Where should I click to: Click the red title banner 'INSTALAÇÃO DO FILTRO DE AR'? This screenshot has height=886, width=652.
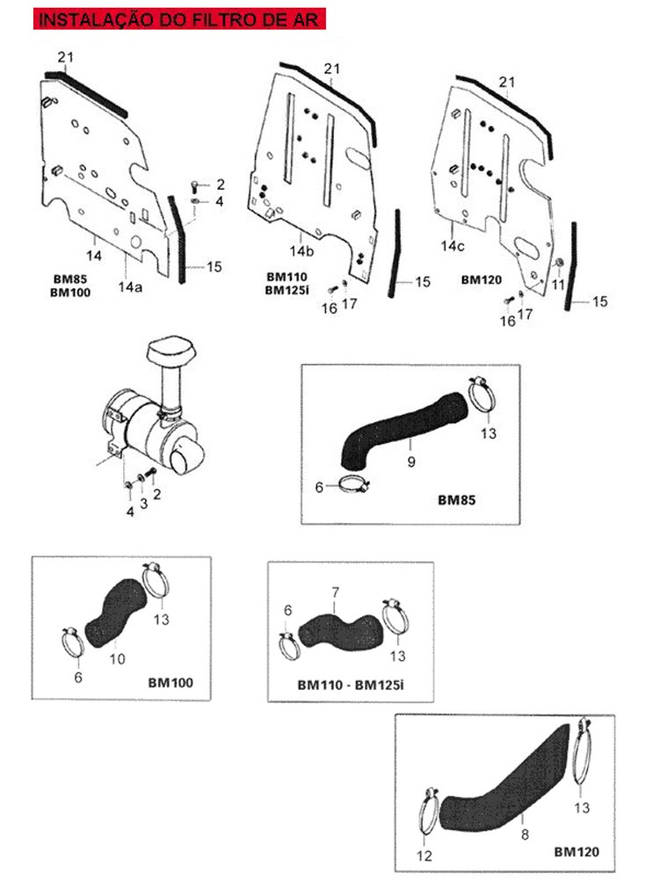tap(179, 18)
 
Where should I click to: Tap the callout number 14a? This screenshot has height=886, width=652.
tap(130, 287)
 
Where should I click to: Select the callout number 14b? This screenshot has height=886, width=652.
tap(301, 251)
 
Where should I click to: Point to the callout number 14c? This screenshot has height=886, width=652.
tap(453, 246)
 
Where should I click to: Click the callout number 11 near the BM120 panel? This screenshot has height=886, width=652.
tap(558, 284)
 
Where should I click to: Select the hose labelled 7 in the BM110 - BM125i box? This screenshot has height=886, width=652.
tap(341, 631)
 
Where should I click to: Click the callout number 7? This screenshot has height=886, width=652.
tap(336, 592)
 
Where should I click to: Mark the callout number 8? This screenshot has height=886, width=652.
tap(525, 834)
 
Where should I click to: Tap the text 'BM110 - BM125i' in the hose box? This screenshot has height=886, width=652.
tap(351, 685)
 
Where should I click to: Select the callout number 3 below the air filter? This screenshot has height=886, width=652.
tap(144, 503)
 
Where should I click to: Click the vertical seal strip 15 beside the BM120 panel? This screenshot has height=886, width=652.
tap(571, 265)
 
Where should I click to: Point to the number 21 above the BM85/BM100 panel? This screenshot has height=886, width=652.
tap(66, 57)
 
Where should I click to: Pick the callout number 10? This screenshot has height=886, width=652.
tap(118, 658)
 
